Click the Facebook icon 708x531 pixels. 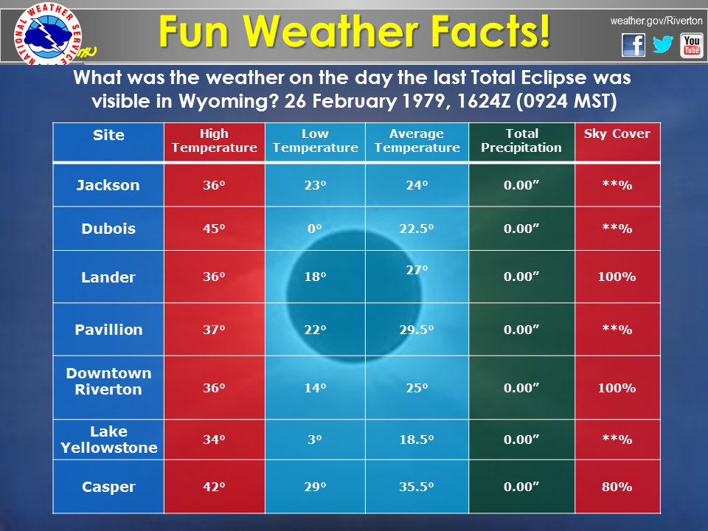tap(634, 45)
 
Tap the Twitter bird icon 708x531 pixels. tap(663, 44)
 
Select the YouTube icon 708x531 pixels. tap(692, 46)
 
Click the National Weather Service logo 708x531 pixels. tap(49, 35)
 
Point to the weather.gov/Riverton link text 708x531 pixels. tap(656, 21)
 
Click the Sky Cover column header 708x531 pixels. tap(617, 133)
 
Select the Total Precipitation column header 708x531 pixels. tap(521, 140)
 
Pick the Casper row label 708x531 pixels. tap(108, 487)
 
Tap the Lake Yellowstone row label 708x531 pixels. tap(109, 440)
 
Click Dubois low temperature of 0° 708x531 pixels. tap(315, 229)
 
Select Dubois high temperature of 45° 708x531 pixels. tap(214, 229)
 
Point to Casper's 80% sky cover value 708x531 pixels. tap(617, 487)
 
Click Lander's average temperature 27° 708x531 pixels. tap(417, 270)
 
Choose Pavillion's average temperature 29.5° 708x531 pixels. tap(416, 330)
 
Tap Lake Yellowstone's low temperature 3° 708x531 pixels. tap(315, 440)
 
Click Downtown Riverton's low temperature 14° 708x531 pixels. tap(315, 388)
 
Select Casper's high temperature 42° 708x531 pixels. tap(214, 487)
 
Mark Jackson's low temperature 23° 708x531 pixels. tap(315, 185)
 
